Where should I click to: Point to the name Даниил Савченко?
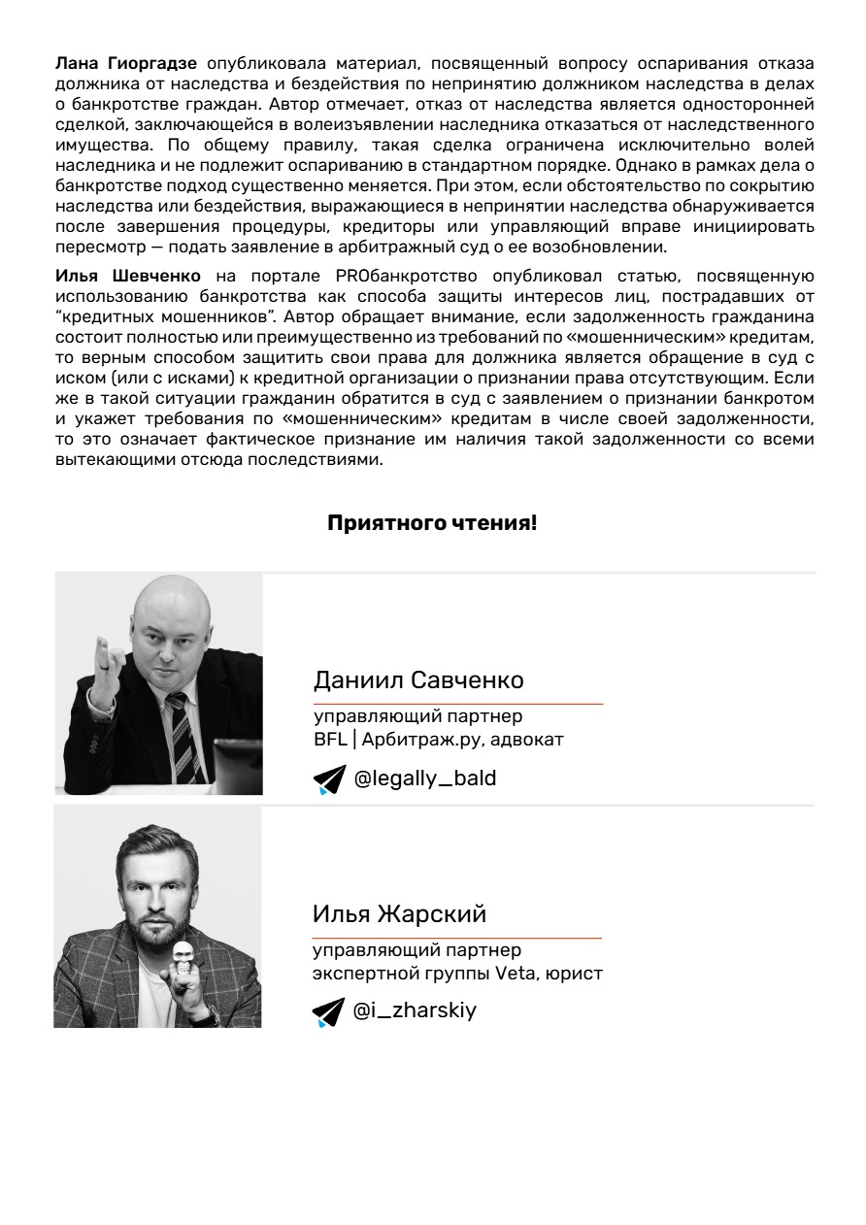[418, 680]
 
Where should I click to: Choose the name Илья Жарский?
[399, 914]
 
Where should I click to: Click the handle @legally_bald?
[424, 778]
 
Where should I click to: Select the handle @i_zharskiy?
[415, 1010]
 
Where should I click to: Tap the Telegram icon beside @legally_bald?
[328, 778]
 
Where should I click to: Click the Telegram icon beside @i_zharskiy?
[328, 1011]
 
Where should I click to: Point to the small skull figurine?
[181, 958]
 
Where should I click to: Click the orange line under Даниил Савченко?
[457, 703]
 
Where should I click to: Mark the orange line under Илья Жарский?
[456, 938]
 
